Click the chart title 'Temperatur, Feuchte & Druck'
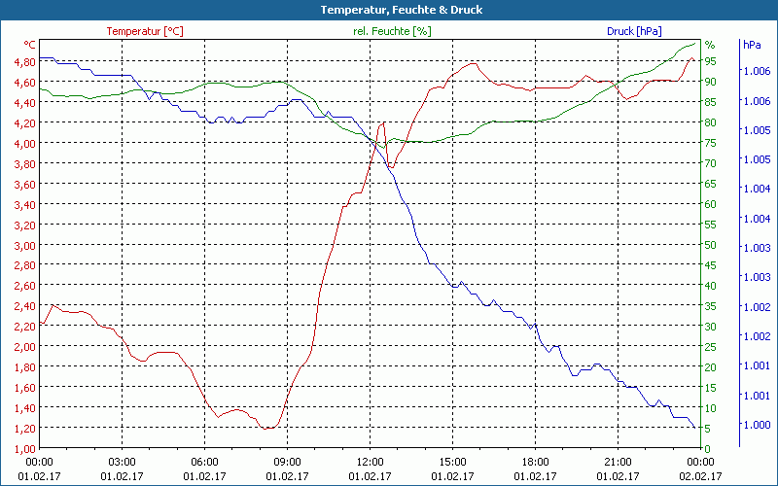click(388, 10)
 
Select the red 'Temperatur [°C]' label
click(145, 31)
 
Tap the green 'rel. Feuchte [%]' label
click(392, 31)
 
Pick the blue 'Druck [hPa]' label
click(633, 31)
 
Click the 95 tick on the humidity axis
click(710, 61)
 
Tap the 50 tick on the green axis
click(710, 245)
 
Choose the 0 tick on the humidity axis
click(707, 448)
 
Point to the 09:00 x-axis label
click(287, 462)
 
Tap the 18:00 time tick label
click(535, 462)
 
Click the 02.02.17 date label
click(700, 476)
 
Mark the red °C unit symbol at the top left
click(30, 45)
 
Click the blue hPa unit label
click(752, 45)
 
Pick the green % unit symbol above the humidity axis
click(709, 45)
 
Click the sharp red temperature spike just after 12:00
click(383, 122)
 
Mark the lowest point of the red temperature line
click(267, 428)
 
